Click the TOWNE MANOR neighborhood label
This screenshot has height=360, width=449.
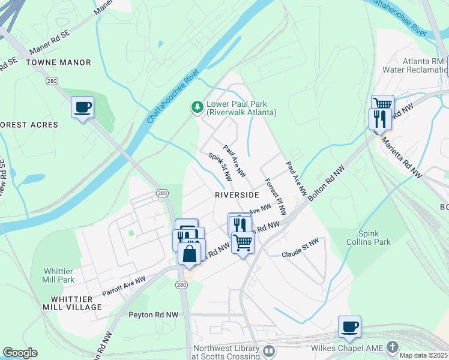point(59,62)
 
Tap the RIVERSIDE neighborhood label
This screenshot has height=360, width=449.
point(237,195)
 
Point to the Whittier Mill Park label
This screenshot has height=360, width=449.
point(58,275)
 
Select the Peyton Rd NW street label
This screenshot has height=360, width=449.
point(154,314)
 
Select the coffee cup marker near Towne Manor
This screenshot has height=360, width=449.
point(82,108)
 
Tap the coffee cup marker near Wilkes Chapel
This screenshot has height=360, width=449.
point(349,327)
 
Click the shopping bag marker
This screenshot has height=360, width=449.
point(190,253)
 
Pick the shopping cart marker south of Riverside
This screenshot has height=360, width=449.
point(243,243)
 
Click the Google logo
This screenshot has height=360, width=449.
point(20,353)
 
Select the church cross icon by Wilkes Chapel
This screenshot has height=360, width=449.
point(392,347)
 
